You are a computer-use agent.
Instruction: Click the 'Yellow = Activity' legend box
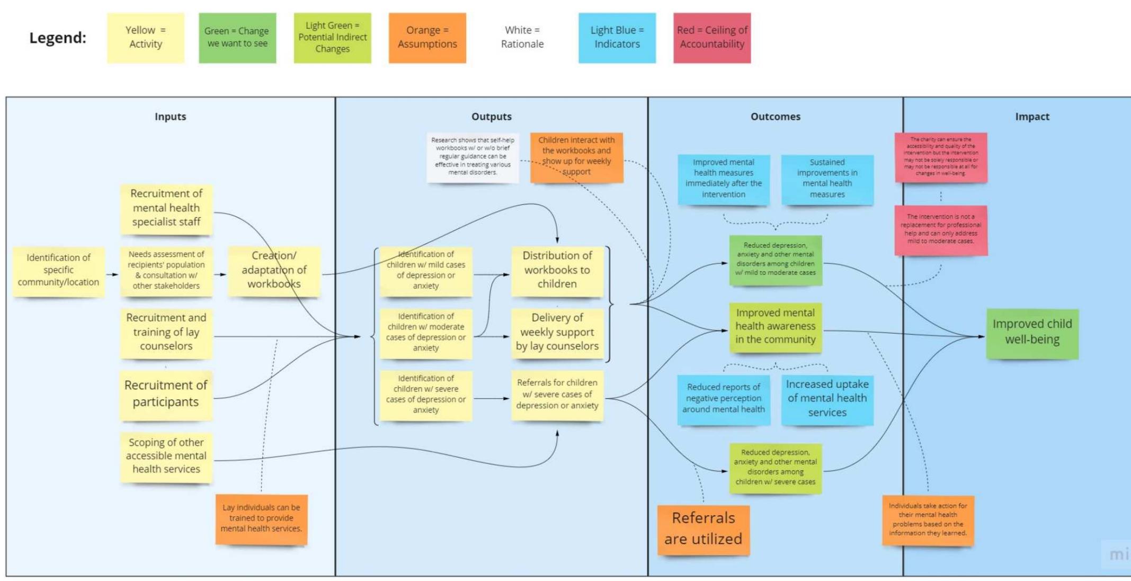(x=146, y=38)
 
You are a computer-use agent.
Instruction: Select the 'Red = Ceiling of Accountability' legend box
(x=712, y=38)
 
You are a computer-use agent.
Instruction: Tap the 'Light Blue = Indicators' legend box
(x=617, y=38)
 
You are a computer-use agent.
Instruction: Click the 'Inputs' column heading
(x=170, y=117)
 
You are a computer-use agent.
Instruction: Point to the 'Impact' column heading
(x=1031, y=117)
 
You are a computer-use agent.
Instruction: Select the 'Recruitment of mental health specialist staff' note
(x=166, y=208)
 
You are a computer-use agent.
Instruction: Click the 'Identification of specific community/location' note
(x=58, y=270)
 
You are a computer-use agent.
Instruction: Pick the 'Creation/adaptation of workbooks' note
(x=274, y=270)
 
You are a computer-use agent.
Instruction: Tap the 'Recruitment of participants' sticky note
(x=166, y=394)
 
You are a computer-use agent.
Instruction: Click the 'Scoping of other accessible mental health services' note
(x=166, y=456)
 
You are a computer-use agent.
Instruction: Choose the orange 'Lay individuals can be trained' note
(x=261, y=519)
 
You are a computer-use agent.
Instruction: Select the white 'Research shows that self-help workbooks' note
(x=473, y=157)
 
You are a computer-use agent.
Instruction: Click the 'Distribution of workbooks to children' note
(x=557, y=270)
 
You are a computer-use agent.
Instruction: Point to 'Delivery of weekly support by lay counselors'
(x=557, y=333)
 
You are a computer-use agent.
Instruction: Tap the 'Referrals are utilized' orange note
(x=703, y=529)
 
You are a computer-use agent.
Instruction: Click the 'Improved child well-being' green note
(x=1032, y=333)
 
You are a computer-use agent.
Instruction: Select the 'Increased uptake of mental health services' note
(x=827, y=398)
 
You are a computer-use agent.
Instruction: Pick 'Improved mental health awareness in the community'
(x=775, y=327)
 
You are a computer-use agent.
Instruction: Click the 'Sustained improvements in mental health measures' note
(x=827, y=178)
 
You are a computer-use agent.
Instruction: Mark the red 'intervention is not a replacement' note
(x=940, y=229)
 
